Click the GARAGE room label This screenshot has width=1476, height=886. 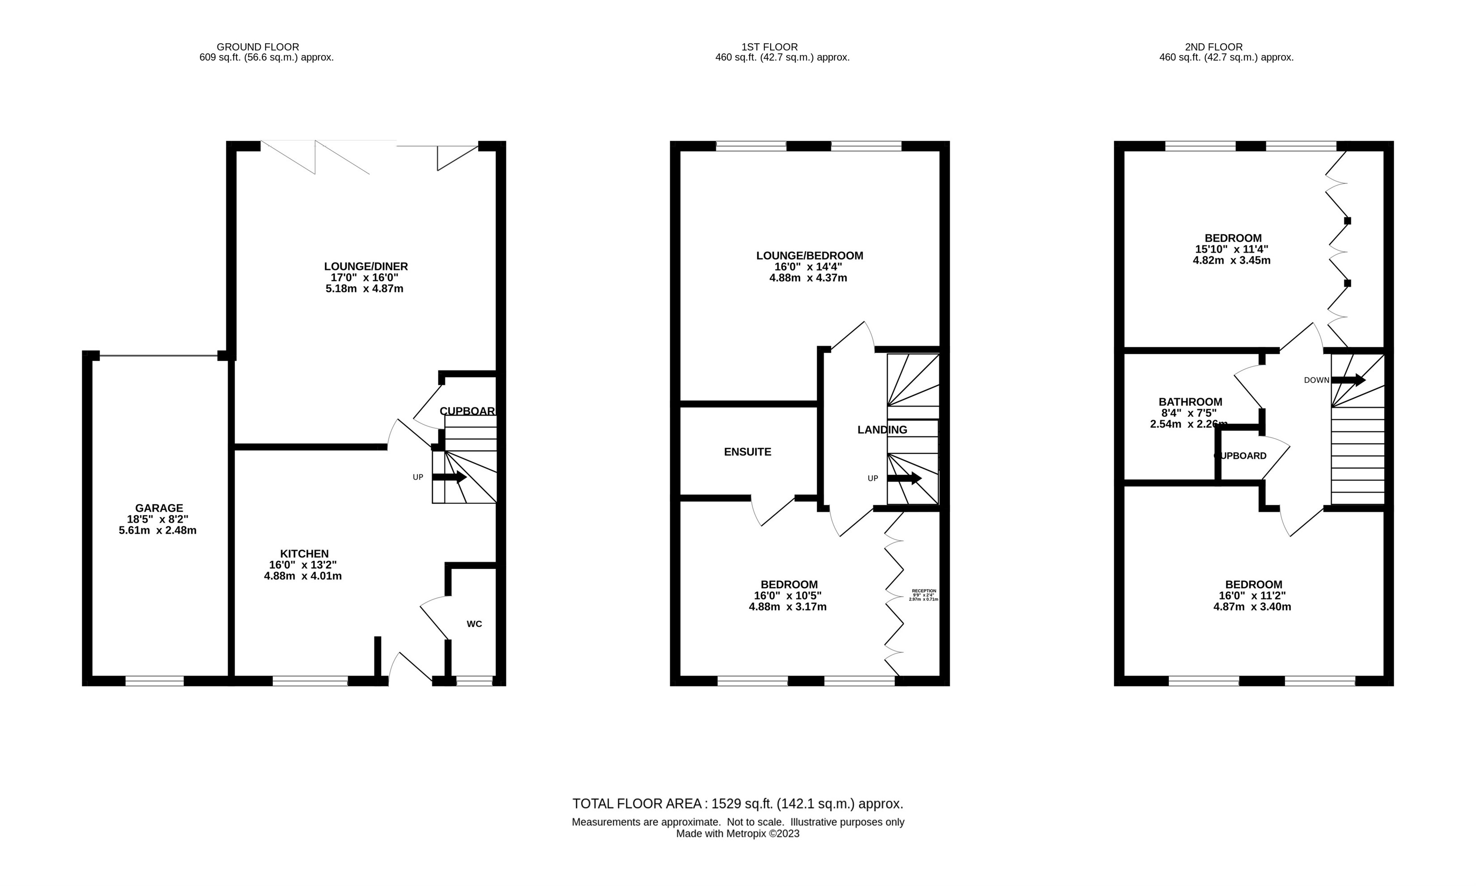pos(158,508)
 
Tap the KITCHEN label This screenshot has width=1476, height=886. pos(304,553)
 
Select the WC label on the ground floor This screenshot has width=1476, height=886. pos(474,624)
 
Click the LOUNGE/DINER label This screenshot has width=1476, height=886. pos(365,266)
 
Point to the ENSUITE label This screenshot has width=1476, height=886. pos(747,452)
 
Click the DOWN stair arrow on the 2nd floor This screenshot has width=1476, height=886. pos(1348,380)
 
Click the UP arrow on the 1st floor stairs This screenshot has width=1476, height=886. pos(904,478)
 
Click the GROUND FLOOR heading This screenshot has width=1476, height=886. pos(258,46)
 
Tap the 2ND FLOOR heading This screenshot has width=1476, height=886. pos(1213,46)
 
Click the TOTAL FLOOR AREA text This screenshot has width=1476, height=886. pos(737,804)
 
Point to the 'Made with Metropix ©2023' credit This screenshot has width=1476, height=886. pos(737,833)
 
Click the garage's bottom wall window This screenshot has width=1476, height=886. pos(155,681)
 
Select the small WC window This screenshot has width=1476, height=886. pos(474,681)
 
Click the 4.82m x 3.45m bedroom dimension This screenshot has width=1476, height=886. pos(1231,260)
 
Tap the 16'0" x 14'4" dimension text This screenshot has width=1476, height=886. pos(808,267)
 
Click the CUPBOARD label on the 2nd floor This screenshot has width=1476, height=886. pos(1240,456)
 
